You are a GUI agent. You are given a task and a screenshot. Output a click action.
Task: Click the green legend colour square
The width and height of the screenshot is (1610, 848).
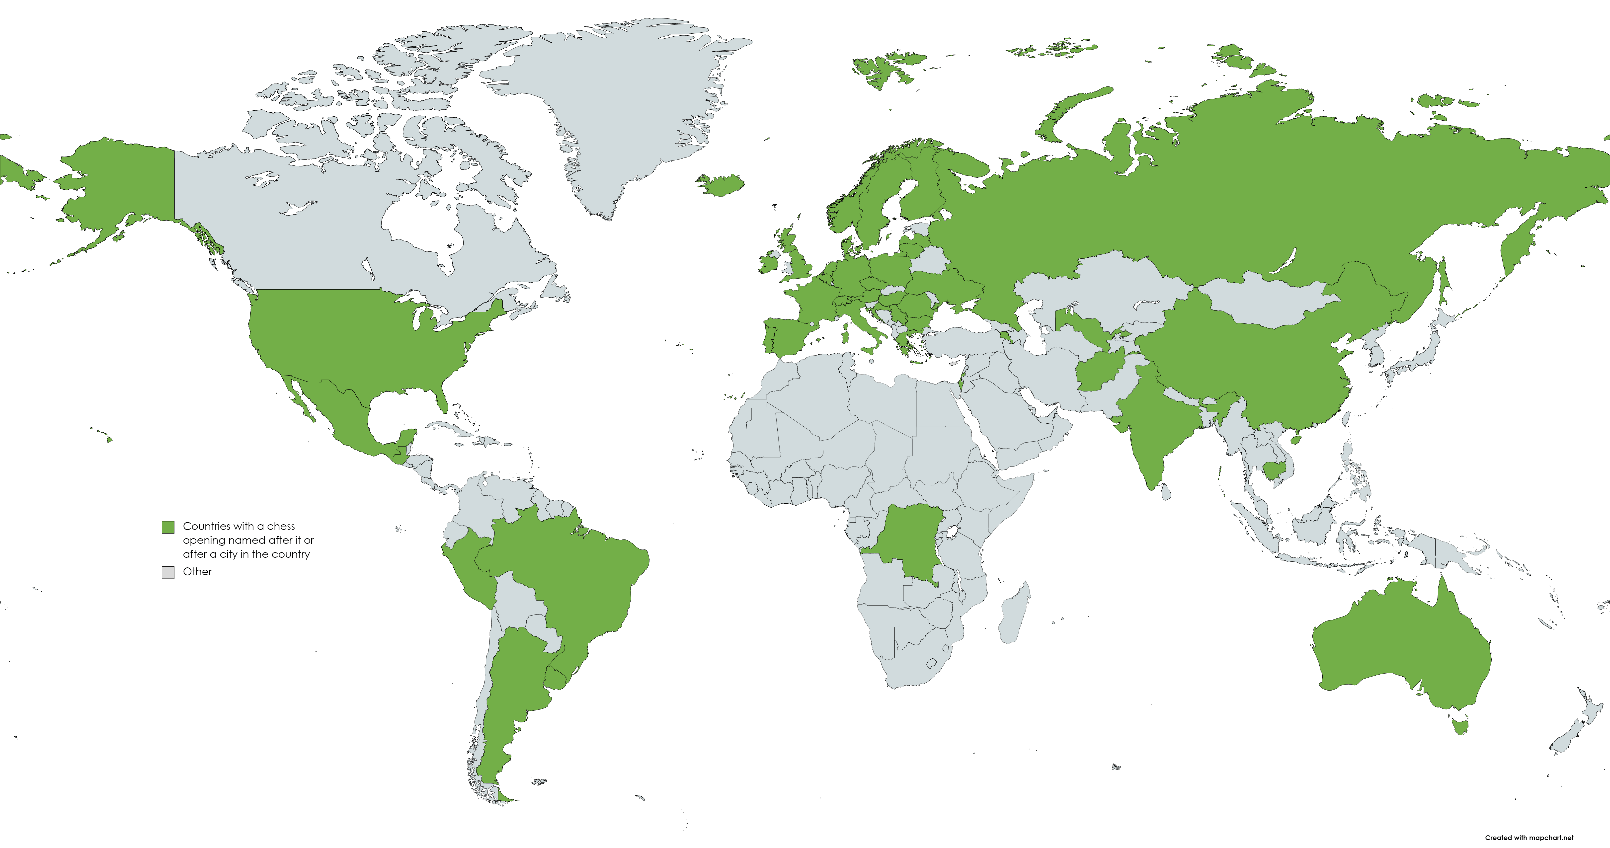tap(167, 527)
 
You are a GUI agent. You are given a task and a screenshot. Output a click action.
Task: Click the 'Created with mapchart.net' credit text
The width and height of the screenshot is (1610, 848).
tap(1529, 837)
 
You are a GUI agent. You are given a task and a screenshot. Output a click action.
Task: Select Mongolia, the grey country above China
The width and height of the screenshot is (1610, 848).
tap(1269, 300)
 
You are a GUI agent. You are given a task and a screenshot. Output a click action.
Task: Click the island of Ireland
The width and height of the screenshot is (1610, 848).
tap(770, 261)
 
